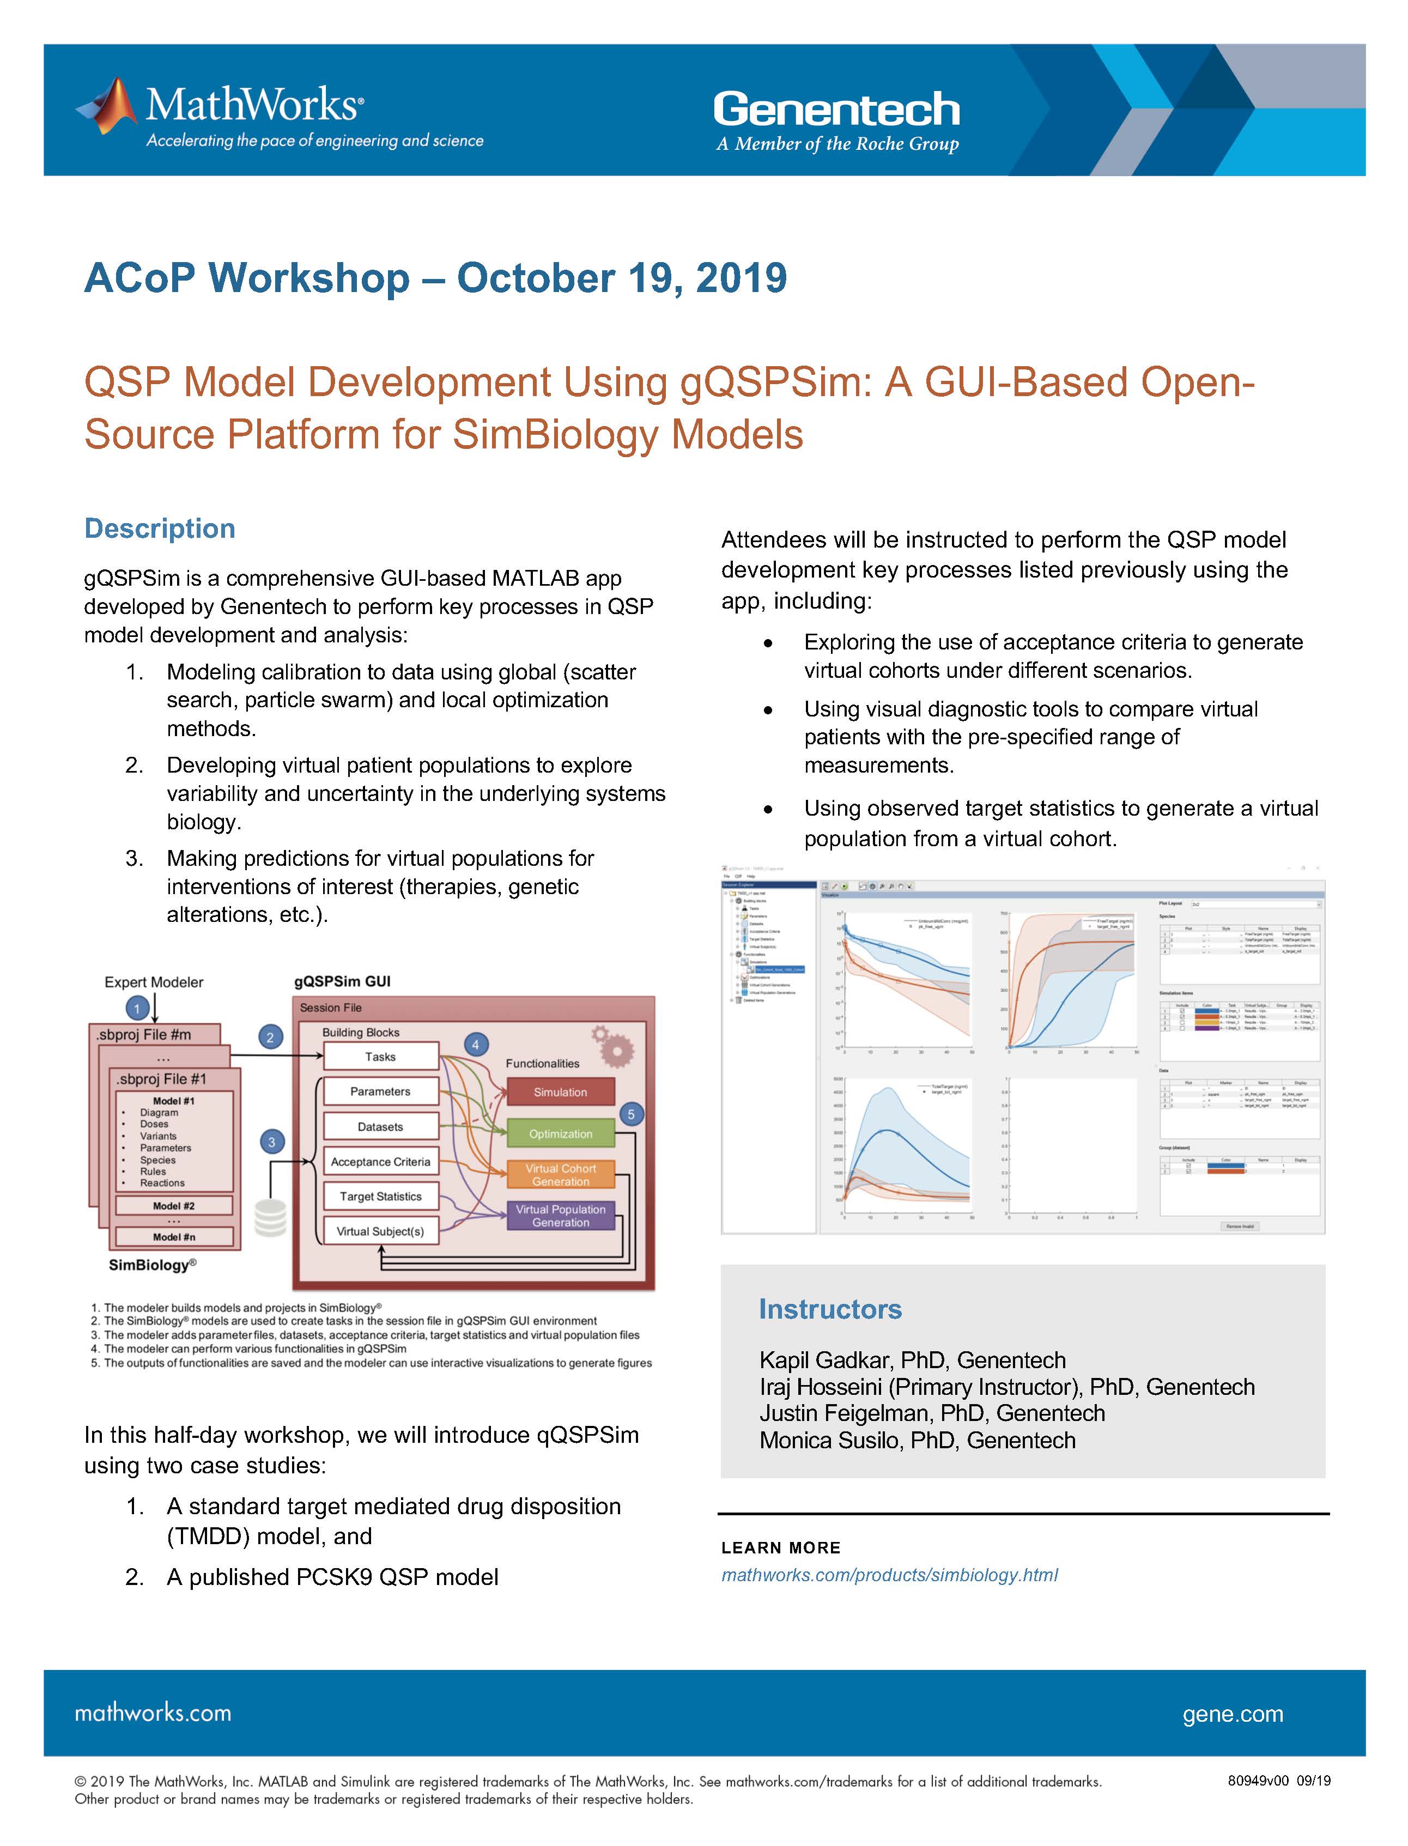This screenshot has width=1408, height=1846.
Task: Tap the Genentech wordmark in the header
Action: (836, 110)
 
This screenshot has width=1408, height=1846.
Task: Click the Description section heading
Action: (159, 529)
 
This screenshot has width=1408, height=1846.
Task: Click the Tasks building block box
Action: (380, 1056)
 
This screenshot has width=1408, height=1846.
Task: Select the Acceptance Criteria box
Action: (380, 1162)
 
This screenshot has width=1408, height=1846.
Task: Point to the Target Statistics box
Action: (380, 1197)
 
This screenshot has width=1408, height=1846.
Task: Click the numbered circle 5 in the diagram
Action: (631, 1114)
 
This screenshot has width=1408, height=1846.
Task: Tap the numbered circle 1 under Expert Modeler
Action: (137, 1008)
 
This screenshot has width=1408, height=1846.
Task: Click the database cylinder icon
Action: (271, 1218)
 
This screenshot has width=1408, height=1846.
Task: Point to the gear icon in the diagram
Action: (614, 1046)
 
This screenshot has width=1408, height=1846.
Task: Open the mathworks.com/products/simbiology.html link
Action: (889, 1575)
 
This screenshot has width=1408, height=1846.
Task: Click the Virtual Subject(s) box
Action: (380, 1231)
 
